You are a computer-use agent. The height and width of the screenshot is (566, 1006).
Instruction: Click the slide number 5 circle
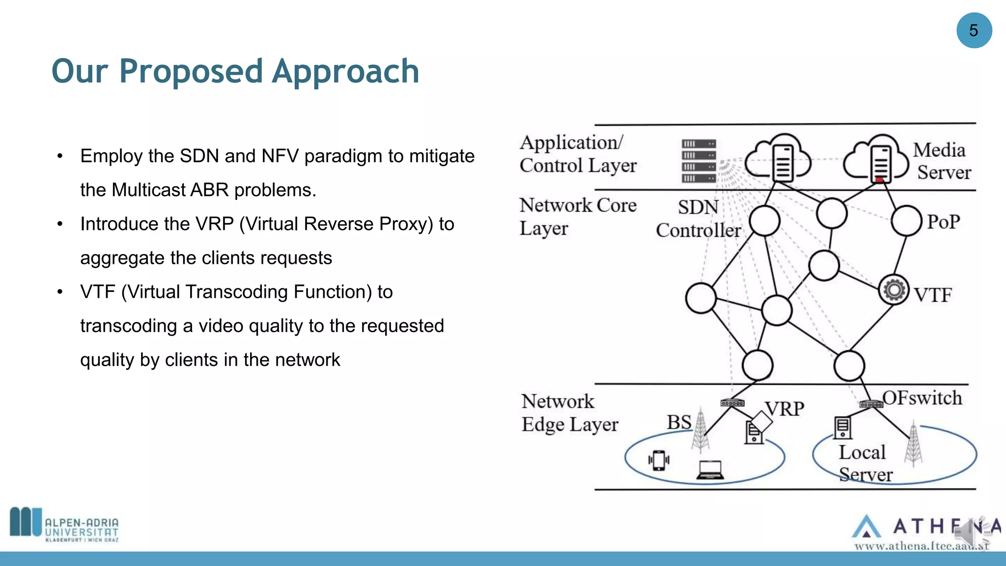coord(974,30)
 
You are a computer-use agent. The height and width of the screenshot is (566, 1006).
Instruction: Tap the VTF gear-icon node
coord(894,290)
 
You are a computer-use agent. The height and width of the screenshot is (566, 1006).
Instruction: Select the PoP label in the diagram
coord(943,222)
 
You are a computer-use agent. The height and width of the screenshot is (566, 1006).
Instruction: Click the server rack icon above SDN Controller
coord(699,161)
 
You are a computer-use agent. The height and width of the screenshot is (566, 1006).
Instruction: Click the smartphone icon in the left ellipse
coord(659,460)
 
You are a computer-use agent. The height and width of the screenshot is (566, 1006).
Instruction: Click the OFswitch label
coord(922,398)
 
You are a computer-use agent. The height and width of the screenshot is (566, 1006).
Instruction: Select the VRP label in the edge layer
coord(784,409)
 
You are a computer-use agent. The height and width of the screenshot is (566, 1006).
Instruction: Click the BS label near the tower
coord(679,423)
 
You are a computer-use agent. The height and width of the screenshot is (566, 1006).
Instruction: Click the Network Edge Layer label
coord(569,413)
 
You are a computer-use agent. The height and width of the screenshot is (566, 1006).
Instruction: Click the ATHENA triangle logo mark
coord(866,527)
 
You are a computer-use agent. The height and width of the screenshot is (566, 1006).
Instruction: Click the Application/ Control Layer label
coord(578,154)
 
